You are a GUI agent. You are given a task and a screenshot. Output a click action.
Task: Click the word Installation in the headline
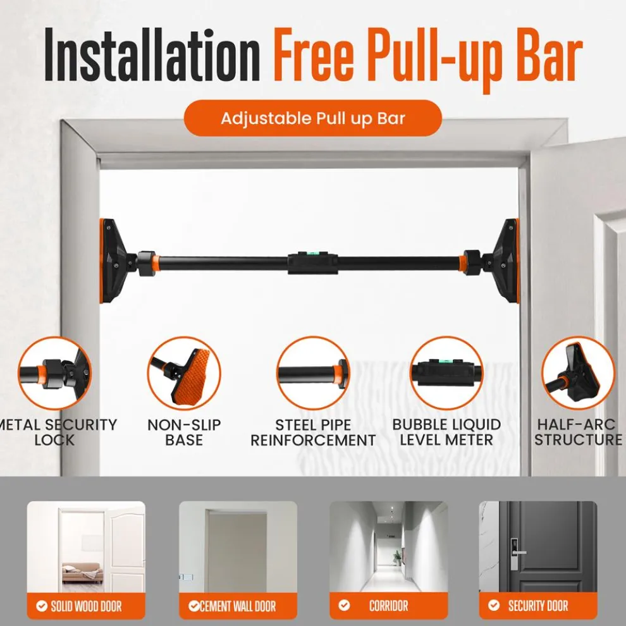(151, 58)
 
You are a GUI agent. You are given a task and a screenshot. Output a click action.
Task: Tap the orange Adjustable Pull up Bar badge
(312, 118)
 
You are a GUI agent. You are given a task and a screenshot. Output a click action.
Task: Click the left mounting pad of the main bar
(114, 261)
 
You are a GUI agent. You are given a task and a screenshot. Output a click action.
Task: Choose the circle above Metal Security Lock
(54, 373)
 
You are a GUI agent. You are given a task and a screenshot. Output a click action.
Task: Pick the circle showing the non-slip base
(184, 373)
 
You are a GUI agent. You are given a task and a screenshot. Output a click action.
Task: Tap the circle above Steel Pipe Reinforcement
(313, 373)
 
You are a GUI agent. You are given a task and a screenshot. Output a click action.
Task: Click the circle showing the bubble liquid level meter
(446, 373)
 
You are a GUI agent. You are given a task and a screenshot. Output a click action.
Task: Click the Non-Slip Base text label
(184, 432)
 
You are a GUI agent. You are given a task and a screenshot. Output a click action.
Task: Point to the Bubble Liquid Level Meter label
(446, 432)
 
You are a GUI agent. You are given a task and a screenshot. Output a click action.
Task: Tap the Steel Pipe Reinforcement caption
(313, 432)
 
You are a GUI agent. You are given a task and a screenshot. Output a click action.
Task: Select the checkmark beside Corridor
(344, 606)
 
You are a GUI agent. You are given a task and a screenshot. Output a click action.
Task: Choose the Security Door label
(538, 606)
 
